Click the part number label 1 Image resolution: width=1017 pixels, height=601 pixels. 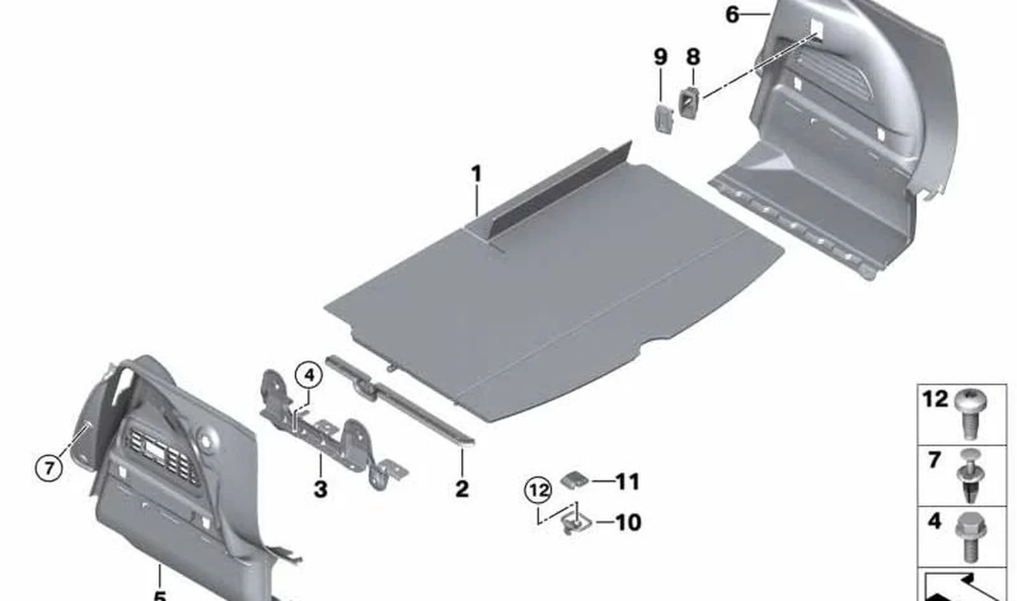coord(476,174)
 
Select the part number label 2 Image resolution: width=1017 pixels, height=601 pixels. coord(461,489)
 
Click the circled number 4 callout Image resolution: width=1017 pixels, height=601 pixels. coord(309,375)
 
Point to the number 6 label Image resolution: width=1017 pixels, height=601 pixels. coord(732,15)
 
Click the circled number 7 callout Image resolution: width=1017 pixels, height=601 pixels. coord(49,467)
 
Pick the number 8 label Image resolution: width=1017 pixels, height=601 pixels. coord(693,57)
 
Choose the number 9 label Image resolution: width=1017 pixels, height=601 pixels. coord(660,57)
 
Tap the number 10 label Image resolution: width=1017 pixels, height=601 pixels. coord(629,522)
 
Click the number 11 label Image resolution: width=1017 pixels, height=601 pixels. coord(627,482)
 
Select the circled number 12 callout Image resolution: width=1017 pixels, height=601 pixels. coord(538,490)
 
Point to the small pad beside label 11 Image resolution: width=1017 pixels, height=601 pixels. coord(575,480)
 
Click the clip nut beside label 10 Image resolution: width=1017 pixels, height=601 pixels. coord(576,523)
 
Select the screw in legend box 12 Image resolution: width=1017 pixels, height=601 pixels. coord(971,413)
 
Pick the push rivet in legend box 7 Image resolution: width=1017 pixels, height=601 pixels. coord(971,482)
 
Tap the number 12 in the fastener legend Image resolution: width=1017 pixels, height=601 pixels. coord(935,399)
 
